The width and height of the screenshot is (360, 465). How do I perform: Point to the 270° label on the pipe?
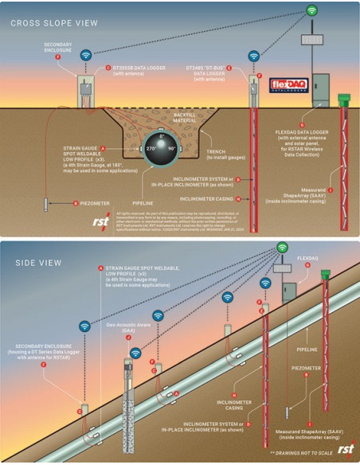click(x=146, y=148)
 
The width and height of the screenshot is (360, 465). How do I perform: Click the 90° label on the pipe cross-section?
click(x=173, y=148)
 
